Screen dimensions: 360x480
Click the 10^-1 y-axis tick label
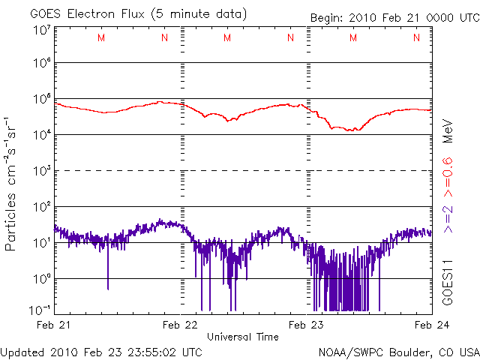tap(40, 310)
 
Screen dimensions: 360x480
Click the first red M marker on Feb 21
tap(100, 37)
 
